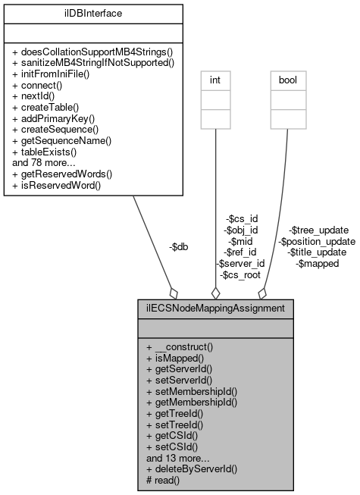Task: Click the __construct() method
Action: pos(179,346)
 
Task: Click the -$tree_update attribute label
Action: pos(318,230)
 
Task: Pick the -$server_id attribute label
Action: pos(240,263)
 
